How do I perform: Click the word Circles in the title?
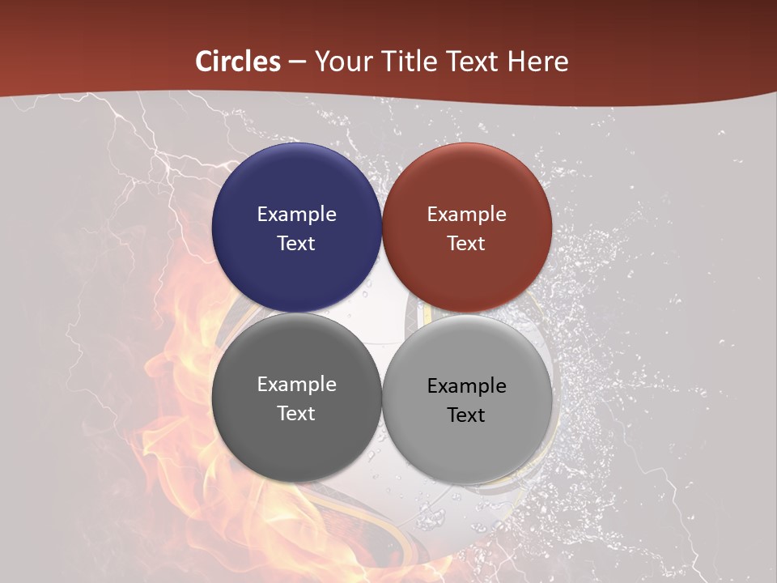pyautogui.click(x=238, y=62)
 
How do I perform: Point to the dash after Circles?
pyautogui.click(x=297, y=62)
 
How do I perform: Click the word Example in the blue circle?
pyautogui.click(x=296, y=215)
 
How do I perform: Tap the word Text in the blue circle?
pyautogui.click(x=296, y=244)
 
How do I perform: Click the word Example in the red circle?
pyautogui.click(x=466, y=215)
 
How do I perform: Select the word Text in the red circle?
pyautogui.click(x=466, y=244)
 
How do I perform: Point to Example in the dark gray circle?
pyautogui.click(x=296, y=385)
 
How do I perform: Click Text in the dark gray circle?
pyautogui.click(x=296, y=414)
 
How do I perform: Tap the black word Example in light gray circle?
pyautogui.click(x=466, y=386)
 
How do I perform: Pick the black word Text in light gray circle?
pyautogui.click(x=466, y=415)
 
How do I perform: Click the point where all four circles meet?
pyautogui.click(x=382, y=313)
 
